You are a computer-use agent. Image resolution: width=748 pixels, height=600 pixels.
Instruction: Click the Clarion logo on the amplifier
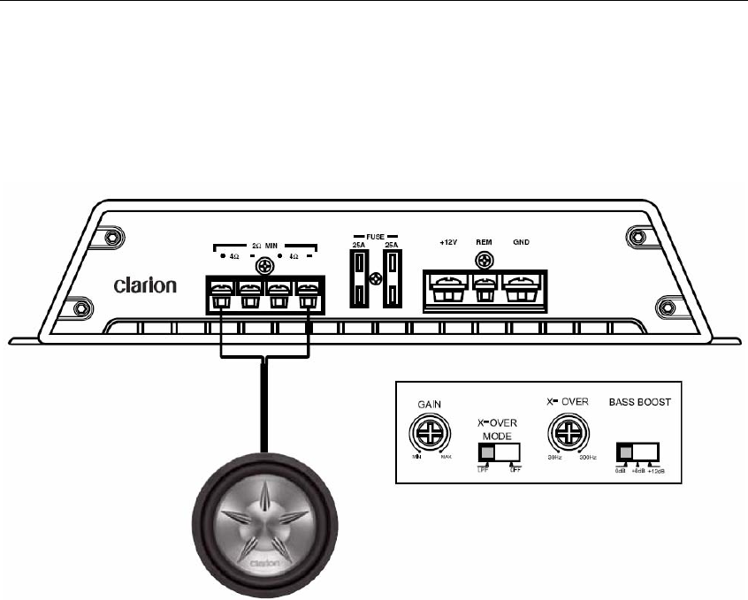(146, 286)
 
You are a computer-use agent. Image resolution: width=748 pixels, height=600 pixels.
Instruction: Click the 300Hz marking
(588, 459)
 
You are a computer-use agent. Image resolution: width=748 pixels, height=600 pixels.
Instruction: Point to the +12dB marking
(656, 470)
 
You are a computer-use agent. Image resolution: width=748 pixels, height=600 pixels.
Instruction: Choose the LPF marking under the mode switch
(482, 470)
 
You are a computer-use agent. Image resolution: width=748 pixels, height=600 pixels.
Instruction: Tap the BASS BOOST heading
(639, 400)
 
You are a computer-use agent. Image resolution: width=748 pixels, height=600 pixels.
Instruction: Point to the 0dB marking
(620, 470)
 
